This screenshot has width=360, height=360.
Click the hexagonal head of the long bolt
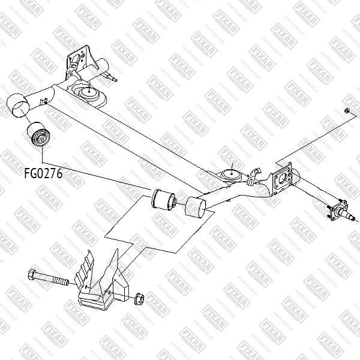click(32, 277)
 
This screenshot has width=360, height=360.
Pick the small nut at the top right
click(347, 111)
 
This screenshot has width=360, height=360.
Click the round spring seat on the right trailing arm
click(231, 175)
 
